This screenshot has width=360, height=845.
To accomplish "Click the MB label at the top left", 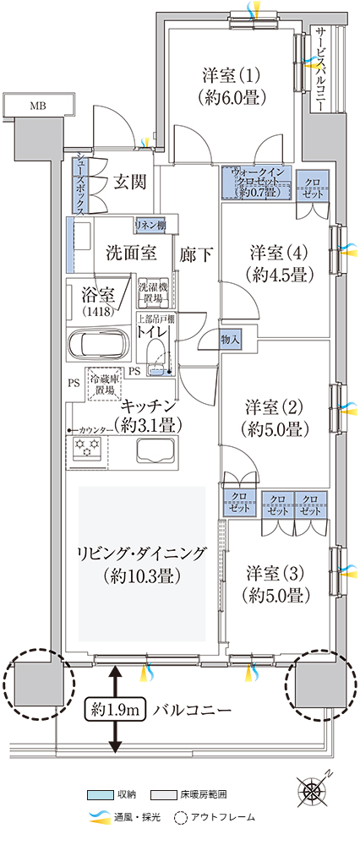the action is pyautogui.click(x=38, y=106).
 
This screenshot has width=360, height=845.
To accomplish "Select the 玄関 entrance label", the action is pyautogui.click(x=130, y=183).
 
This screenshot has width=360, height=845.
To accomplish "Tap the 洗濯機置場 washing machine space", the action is pyautogui.click(x=153, y=291).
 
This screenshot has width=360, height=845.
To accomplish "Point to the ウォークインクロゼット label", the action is pyautogui.click(x=256, y=183).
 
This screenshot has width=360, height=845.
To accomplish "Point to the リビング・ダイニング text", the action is pyautogui.click(x=142, y=553).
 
